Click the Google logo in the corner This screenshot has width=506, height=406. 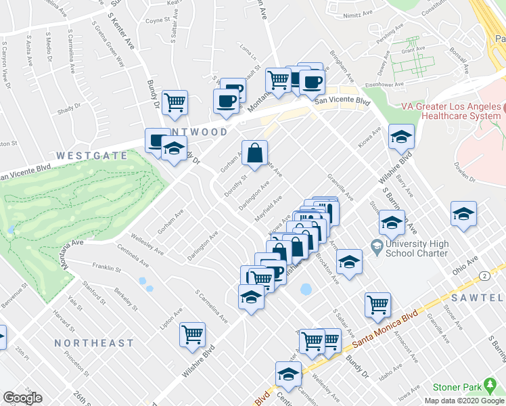22,398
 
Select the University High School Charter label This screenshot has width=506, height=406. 415,248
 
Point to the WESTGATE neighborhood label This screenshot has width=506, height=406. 92,156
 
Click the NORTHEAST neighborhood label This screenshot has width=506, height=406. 94,343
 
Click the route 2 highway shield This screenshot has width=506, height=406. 484,275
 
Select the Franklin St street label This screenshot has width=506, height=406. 106,269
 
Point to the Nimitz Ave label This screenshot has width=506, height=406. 359,13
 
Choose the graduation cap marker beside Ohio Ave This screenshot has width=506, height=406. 464,215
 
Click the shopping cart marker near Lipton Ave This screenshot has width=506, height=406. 193,334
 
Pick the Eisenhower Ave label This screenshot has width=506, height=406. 385,85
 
